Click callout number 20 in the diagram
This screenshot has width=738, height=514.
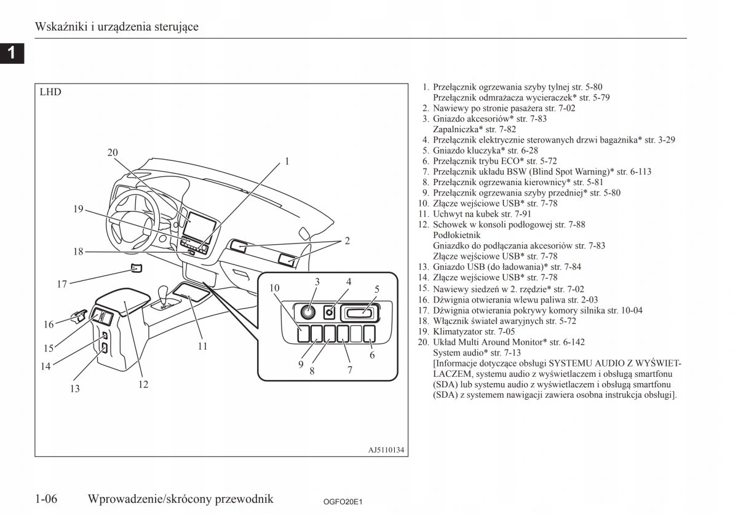(113, 152)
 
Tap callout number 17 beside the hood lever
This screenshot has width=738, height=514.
(62, 284)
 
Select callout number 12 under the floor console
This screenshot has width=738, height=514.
(143, 384)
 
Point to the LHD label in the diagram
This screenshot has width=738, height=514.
(50, 93)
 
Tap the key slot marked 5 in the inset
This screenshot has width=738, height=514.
(361, 313)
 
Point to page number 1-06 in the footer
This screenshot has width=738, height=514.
(47, 499)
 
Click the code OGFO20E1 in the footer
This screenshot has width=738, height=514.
(343, 502)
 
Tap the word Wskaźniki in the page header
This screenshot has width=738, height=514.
(58, 27)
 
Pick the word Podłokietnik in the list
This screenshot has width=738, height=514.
(457, 235)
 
